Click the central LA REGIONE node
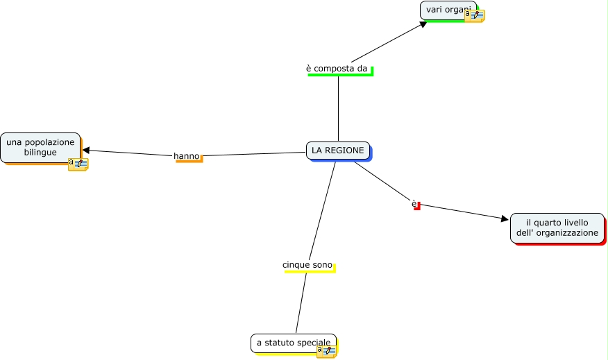[337, 151]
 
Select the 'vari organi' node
[444, 10]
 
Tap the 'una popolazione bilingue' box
[40, 147]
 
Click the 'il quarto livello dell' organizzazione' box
[557, 228]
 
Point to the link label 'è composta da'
[337, 69]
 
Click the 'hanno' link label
[186, 156]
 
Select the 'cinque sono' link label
[307, 265]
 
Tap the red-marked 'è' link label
[414, 204]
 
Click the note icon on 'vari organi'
[474, 15]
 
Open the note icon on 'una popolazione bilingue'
[78, 164]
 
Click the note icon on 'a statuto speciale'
[326, 350]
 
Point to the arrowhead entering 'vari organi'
[423, 24]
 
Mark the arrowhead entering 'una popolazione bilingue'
[86, 150]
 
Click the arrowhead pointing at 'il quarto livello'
[505, 218]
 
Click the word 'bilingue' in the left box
[40, 153]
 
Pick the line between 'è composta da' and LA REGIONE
[338, 108]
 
